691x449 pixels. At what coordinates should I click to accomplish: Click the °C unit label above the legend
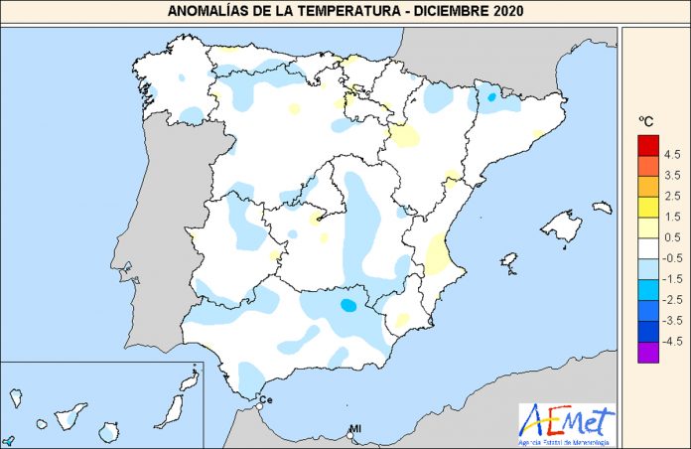click(x=646, y=122)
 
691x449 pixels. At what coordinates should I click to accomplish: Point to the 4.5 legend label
click(x=671, y=155)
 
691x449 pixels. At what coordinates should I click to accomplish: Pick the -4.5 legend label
click(x=671, y=341)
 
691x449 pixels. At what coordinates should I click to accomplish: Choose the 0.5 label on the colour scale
click(x=671, y=237)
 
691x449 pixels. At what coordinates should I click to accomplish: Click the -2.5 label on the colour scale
click(x=671, y=299)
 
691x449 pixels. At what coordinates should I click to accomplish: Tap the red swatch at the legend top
click(x=647, y=144)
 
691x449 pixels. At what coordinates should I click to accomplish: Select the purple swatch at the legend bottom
click(x=647, y=351)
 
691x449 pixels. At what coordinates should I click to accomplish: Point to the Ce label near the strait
click(x=265, y=399)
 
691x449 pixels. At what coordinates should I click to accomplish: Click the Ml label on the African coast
click(x=353, y=429)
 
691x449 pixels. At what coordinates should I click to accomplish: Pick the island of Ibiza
click(x=509, y=262)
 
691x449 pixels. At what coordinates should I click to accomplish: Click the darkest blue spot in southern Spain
click(x=348, y=305)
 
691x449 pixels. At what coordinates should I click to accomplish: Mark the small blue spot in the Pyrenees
click(x=491, y=96)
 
